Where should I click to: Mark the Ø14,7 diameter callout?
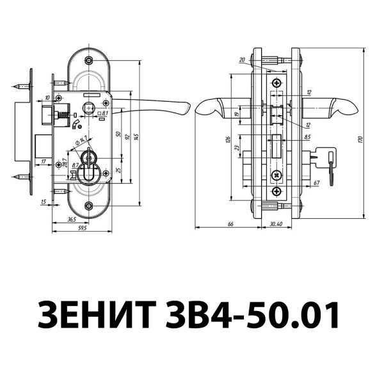click(x=81, y=141)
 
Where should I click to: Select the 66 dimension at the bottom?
click(x=230, y=223)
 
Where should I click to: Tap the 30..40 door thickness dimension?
click(x=276, y=223)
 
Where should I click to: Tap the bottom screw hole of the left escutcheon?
click(x=89, y=206)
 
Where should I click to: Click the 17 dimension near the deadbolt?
click(x=43, y=162)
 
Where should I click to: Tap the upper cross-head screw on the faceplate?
click(x=276, y=84)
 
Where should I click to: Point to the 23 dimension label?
click(x=237, y=150)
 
